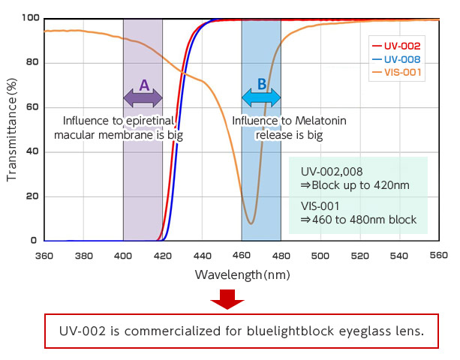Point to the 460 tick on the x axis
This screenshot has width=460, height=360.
point(242,255)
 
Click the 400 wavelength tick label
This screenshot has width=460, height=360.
point(123,255)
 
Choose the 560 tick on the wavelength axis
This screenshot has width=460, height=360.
point(439,255)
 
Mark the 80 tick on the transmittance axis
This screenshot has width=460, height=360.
point(31,62)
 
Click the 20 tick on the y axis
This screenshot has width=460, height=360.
point(31,196)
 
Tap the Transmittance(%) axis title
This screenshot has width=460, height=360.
point(11,130)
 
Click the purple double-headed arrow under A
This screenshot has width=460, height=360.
point(143,97)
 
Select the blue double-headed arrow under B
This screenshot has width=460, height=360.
point(261,97)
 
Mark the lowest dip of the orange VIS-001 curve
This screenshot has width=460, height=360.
point(251,223)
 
